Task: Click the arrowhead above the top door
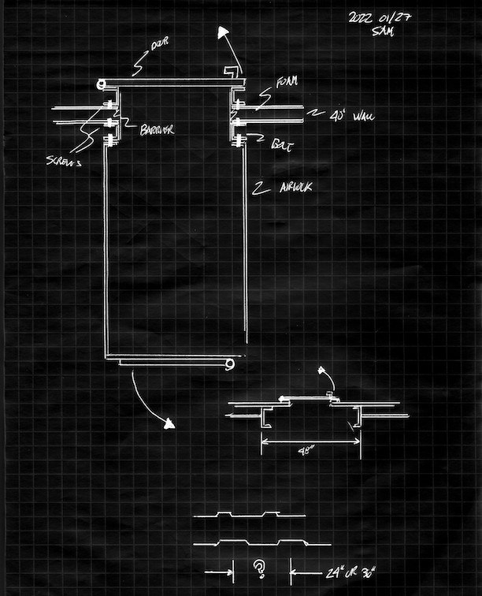tap(224, 33)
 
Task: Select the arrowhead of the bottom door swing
tap(168, 424)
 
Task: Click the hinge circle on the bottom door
tap(229, 364)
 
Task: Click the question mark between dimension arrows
tap(258, 568)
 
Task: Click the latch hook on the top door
tap(229, 73)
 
